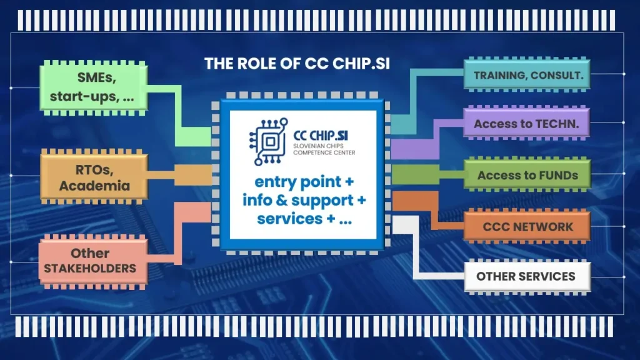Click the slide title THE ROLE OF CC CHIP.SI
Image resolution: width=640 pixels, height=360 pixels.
[x=297, y=64]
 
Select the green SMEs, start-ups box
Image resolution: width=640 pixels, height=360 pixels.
[x=96, y=87]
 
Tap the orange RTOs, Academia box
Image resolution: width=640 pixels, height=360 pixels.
[x=94, y=176]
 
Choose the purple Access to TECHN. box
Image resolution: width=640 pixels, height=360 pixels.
[x=527, y=124]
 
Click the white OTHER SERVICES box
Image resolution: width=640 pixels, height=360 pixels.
[x=526, y=276]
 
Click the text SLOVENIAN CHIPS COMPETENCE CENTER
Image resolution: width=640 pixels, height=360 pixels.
[x=323, y=147]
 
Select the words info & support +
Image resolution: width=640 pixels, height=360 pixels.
[x=302, y=201]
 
